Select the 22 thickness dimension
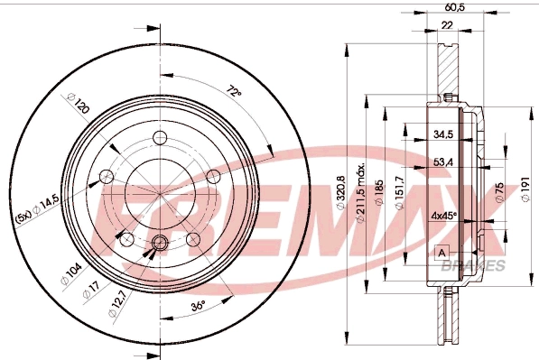[x=447, y=25]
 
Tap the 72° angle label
[x=234, y=92]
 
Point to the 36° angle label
[x=198, y=306]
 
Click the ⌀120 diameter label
[x=79, y=103]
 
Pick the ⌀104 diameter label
[x=71, y=273]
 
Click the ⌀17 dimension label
[x=91, y=289]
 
